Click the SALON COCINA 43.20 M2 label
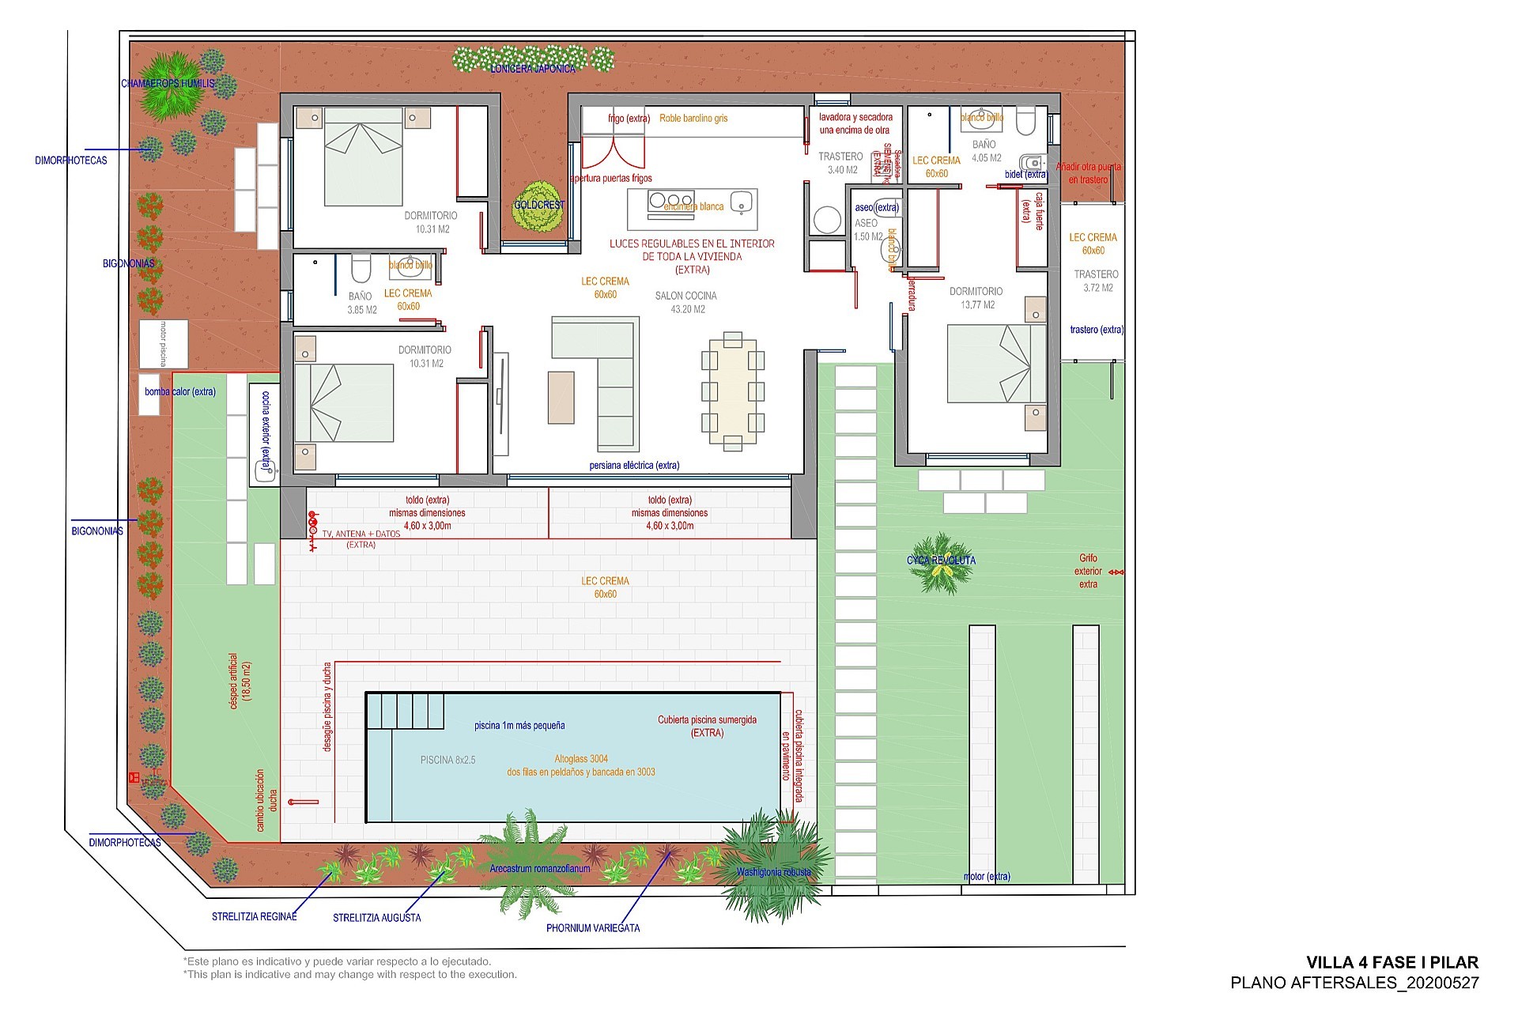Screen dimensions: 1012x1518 tap(685, 302)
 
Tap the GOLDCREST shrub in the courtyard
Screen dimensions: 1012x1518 tap(540, 206)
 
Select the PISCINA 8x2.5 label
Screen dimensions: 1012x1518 tap(447, 760)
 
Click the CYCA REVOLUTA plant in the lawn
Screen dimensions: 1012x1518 tap(941, 563)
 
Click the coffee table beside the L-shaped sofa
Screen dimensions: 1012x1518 tap(561, 397)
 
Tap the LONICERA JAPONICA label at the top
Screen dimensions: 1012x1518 tap(533, 69)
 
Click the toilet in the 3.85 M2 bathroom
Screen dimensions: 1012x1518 tap(361, 269)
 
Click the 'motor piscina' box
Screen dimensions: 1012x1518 tap(164, 344)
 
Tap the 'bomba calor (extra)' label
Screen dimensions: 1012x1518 tap(179, 391)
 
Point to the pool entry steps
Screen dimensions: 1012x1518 tap(406, 711)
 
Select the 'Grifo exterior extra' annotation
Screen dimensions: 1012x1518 tap(1088, 571)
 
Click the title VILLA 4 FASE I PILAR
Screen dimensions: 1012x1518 tap(1391, 962)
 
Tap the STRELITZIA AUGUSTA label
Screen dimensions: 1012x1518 tap(376, 918)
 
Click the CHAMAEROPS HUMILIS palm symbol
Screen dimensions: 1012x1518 tap(168, 85)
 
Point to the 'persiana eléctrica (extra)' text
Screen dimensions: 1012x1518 tap(634, 465)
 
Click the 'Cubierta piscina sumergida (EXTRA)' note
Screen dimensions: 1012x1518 tap(707, 726)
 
